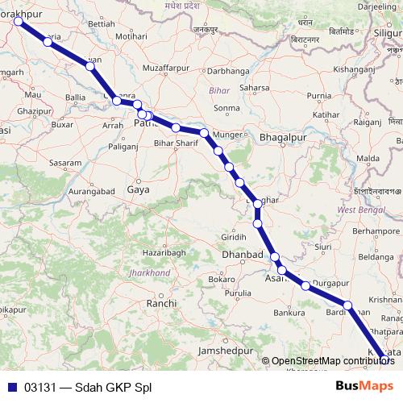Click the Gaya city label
click(138, 190)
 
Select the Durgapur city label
click(330, 284)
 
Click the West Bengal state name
click(359, 210)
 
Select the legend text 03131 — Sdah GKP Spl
click(88, 386)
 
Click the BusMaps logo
click(364, 386)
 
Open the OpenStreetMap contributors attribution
click(329, 361)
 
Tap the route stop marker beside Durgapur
click(305, 285)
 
